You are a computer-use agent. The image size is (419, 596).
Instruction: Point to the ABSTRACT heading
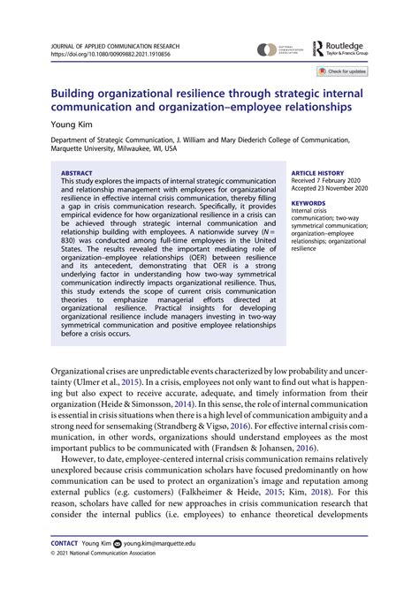pos(77,149)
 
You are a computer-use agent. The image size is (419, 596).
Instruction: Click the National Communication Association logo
pos(278,50)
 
